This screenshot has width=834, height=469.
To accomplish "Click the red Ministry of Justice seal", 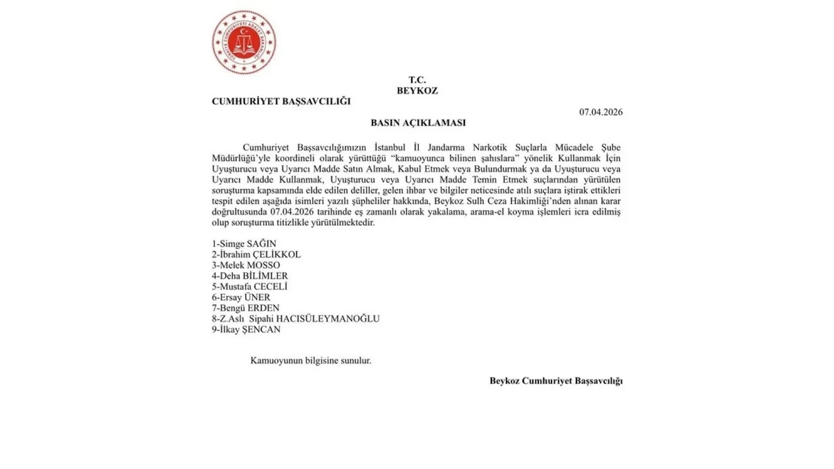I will tap(244, 42).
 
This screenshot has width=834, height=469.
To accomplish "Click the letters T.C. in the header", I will tap(417, 80).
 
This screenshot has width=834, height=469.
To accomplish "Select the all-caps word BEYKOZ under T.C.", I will tap(417, 91).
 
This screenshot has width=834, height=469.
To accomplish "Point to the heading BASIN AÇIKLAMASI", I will tap(418, 123).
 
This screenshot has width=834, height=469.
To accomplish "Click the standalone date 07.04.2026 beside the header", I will tap(601, 112).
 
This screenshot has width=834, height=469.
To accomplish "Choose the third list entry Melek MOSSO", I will tap(246, 265).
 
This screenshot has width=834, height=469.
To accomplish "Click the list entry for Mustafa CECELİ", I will tap(250, 287).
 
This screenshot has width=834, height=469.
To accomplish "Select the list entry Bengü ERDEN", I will tap(246, 308).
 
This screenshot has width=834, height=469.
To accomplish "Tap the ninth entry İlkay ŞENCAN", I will tap(246, 329).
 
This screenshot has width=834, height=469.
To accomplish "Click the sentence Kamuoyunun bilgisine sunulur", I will tap(311, 361).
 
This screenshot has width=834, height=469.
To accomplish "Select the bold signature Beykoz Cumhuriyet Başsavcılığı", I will tap(556, 381).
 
